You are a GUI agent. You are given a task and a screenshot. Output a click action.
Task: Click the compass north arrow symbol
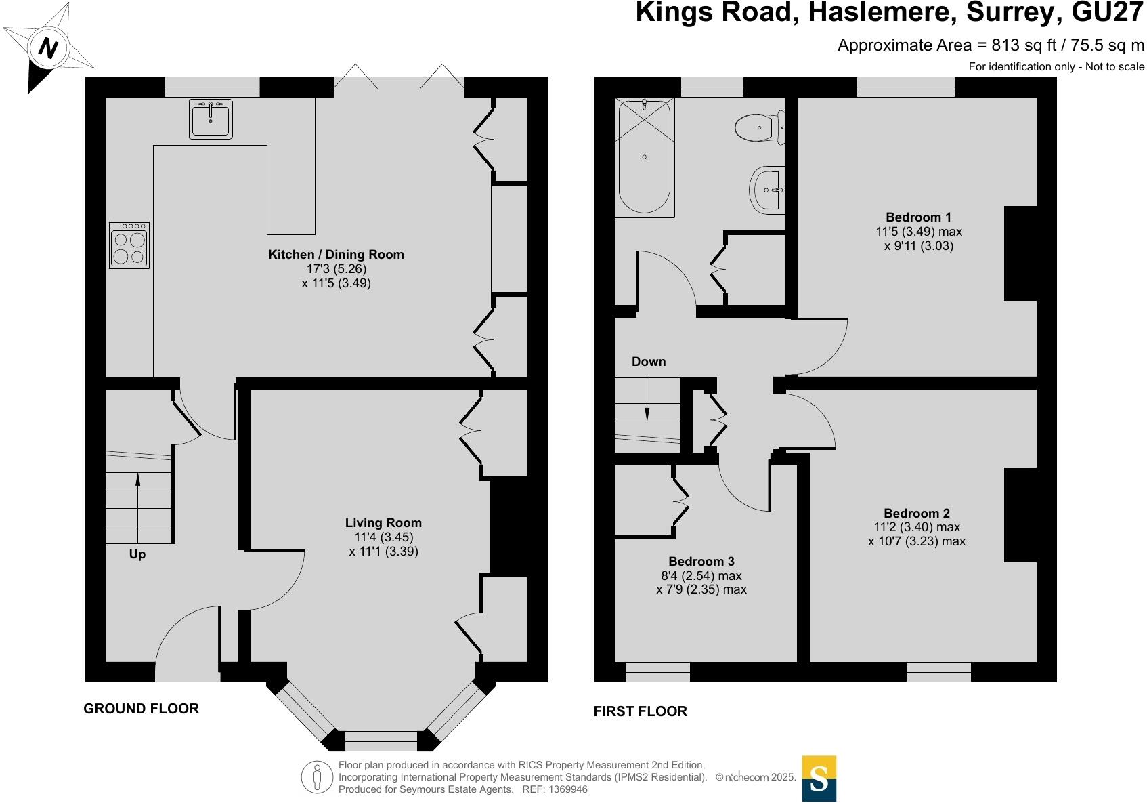tap(47, 47)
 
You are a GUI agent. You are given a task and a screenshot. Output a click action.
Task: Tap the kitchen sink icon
tap(211, 119)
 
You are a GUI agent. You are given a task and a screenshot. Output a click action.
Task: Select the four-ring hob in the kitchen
tap(129, 245)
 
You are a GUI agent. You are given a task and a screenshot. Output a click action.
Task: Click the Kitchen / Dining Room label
tap(336, 255)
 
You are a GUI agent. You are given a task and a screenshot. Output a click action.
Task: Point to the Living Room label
tap(383, 523)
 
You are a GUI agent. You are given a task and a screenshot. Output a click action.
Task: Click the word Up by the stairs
tap(137, 554)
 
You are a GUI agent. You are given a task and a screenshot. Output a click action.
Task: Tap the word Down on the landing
tap(649, 362)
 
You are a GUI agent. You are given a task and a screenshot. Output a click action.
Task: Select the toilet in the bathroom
tap(759, 128)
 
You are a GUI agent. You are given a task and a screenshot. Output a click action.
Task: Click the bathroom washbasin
tap(768, 190)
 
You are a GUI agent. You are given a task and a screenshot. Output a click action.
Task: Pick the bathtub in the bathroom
tap(644, 157)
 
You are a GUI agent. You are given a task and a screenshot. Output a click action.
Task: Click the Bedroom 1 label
tap(918, 217)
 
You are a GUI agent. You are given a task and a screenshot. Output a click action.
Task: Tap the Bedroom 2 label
tap(917, 514)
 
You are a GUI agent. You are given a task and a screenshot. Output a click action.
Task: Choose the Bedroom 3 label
tap(701, 562)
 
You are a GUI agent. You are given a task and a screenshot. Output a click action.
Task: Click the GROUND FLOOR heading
tap(142, 709)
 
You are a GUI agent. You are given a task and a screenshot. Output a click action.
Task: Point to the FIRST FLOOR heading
tap(641, 711)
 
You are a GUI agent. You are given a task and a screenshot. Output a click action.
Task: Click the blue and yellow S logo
tap(819, 779)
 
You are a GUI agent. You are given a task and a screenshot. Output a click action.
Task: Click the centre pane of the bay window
tap(381, 741)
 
